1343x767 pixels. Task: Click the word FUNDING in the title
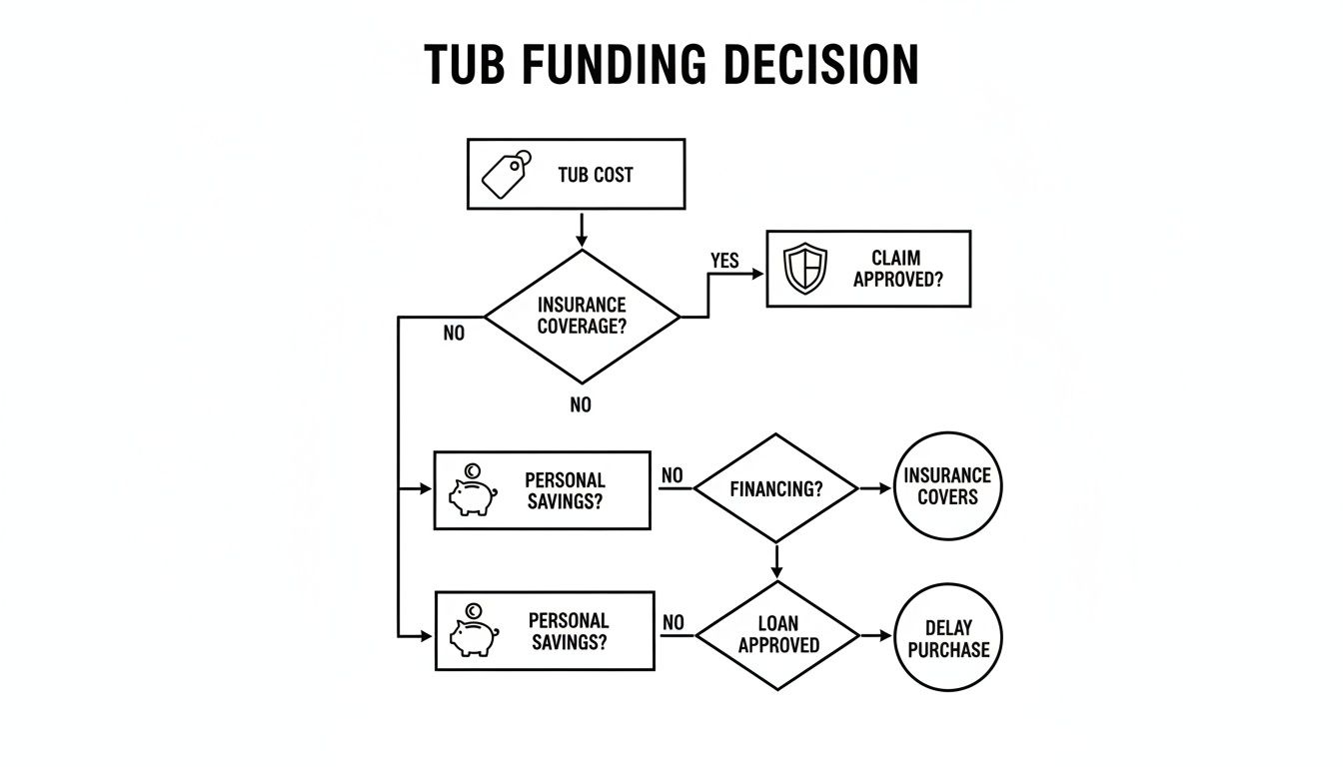(603, 65)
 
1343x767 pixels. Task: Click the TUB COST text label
(596, 175)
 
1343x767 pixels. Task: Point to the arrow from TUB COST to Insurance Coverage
(581, 229)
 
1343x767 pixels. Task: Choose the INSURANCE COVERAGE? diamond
(582, 316)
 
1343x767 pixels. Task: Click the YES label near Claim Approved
(724, 261)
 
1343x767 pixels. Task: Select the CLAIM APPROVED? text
(897, 270)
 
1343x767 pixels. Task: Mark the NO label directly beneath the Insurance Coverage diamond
(581, 404)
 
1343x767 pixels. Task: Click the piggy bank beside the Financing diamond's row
(472, 491)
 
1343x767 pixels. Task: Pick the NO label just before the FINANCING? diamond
(672, 476)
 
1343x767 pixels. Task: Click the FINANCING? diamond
(775, 489)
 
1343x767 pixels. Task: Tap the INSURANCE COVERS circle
(946, 486)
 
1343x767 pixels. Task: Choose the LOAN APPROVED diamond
(777, 635)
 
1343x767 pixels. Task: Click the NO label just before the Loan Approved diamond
(673, 623)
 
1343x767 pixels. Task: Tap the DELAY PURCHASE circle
(947, 637)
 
